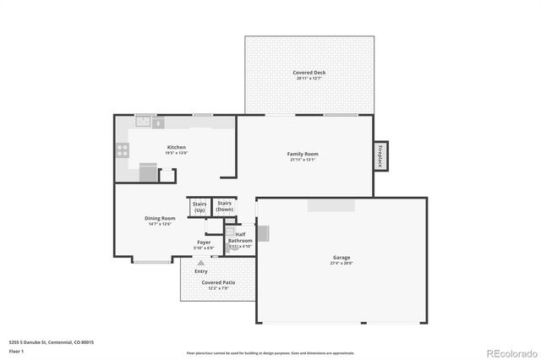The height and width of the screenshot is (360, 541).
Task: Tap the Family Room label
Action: click(x=303, y=154)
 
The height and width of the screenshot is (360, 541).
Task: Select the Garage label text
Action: click(x=342, y=258)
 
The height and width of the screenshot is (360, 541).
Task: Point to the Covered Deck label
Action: click(x=309, y=73)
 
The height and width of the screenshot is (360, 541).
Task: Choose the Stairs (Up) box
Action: click(x=199, y=206)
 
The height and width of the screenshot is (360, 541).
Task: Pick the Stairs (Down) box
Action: click(x=225, y=206)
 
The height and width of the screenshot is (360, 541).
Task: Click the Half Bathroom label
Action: click(x=240, y=237)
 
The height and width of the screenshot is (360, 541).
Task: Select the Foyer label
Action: click(x=204, y=243)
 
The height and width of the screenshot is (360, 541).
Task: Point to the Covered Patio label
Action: click(x=218, y=282)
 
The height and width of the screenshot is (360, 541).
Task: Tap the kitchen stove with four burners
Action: click(x=122, y=151)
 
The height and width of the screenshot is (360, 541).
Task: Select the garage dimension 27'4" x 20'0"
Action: click(x=342, y=264)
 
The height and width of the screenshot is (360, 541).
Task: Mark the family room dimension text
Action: click(x=303, y=160)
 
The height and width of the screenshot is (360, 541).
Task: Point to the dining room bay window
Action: click(x=150, y=261)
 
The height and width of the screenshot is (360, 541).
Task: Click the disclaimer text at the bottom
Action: click(x=270, y=352)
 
